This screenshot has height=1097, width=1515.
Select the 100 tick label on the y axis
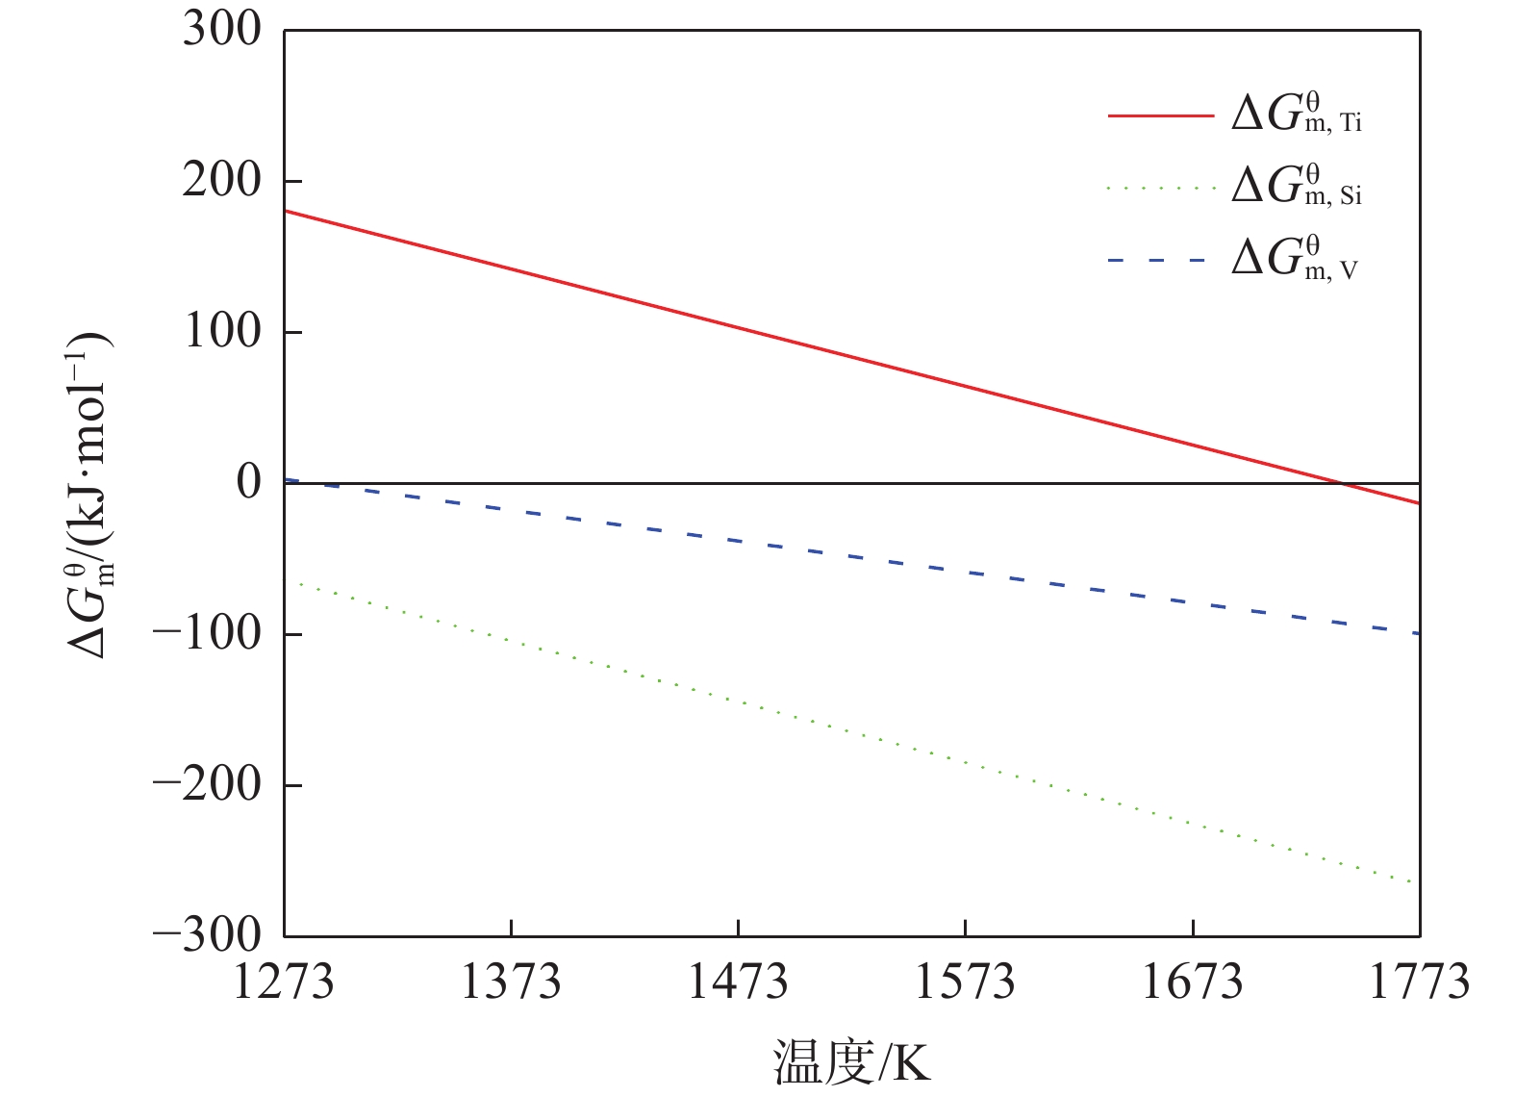click(221, 331)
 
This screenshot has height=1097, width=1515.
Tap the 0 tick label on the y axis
click(249, 481)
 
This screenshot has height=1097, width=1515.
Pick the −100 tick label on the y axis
click(207, 633)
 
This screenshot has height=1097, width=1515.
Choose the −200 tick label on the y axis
click(207, 784)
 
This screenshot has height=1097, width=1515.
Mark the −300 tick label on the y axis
click(207, 934)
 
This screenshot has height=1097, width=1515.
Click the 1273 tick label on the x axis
click(284, 982)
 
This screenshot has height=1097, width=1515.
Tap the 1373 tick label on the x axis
click(511, 982)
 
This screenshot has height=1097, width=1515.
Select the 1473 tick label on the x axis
click(738, 982)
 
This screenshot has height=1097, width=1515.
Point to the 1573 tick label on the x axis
click(965, 982)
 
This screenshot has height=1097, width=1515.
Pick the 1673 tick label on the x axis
click(1192, 982)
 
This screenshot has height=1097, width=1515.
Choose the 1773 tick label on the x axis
click(1419, 982)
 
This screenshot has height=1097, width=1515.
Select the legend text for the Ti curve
click(1297, 114)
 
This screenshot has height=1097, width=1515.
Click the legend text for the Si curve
click(1297, 186)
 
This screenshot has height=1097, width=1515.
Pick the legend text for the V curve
click(1295, 258)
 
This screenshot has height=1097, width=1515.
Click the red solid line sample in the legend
click(1161, 115)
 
